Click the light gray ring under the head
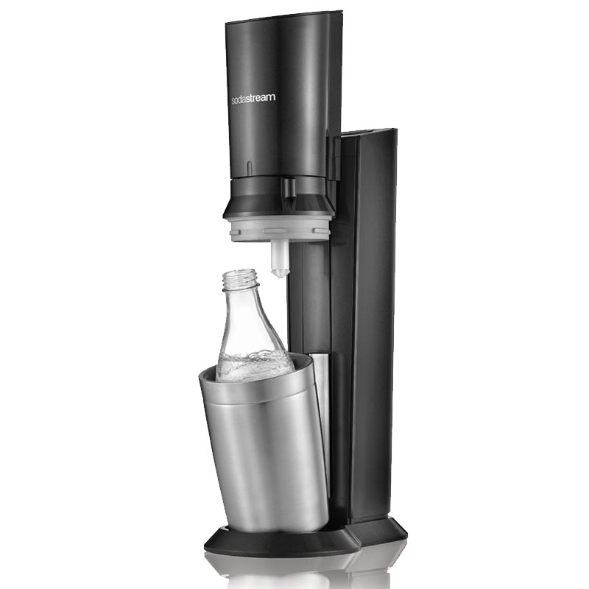coord(278,228)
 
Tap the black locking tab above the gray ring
coord(291,187)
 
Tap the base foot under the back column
coord(379,529)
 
